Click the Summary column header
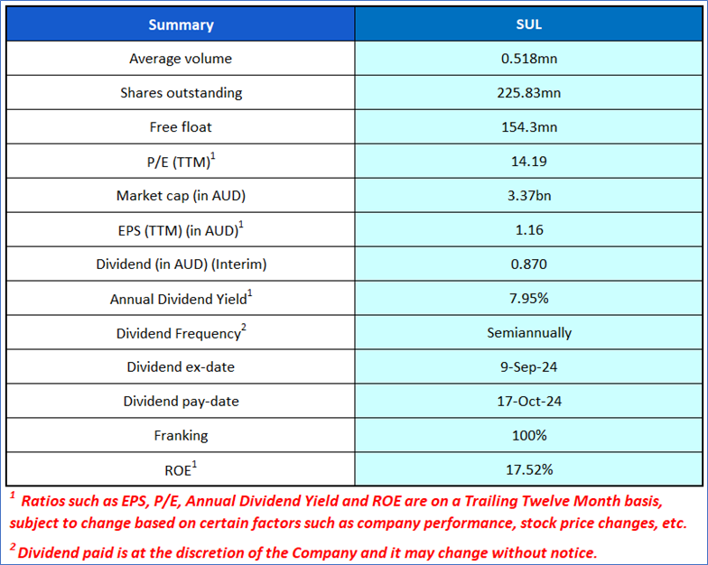[x=181, y=24]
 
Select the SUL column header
[x=528, y=24]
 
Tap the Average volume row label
[x=181, y=59]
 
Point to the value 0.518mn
[x=528, y=59]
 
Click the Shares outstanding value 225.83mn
[x=528, y=93]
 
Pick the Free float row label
[x=181, y=127]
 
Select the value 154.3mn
[x=528, y=127]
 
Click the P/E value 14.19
[x=528, y=162]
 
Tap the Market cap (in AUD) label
[x=181, y=196]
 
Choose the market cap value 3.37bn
[x=528, y=196]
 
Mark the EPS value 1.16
[x=528, y=230]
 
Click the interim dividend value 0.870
[x=528, y=264]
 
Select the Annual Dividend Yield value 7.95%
[x=528, y=299]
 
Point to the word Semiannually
[x=528, y=333]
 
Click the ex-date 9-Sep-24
[x=528, y=366]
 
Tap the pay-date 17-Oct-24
[x=528, y=401]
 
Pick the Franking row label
[x=181, y=435]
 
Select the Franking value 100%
[x=528, y=435]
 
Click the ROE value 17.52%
[x=528, y=469]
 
